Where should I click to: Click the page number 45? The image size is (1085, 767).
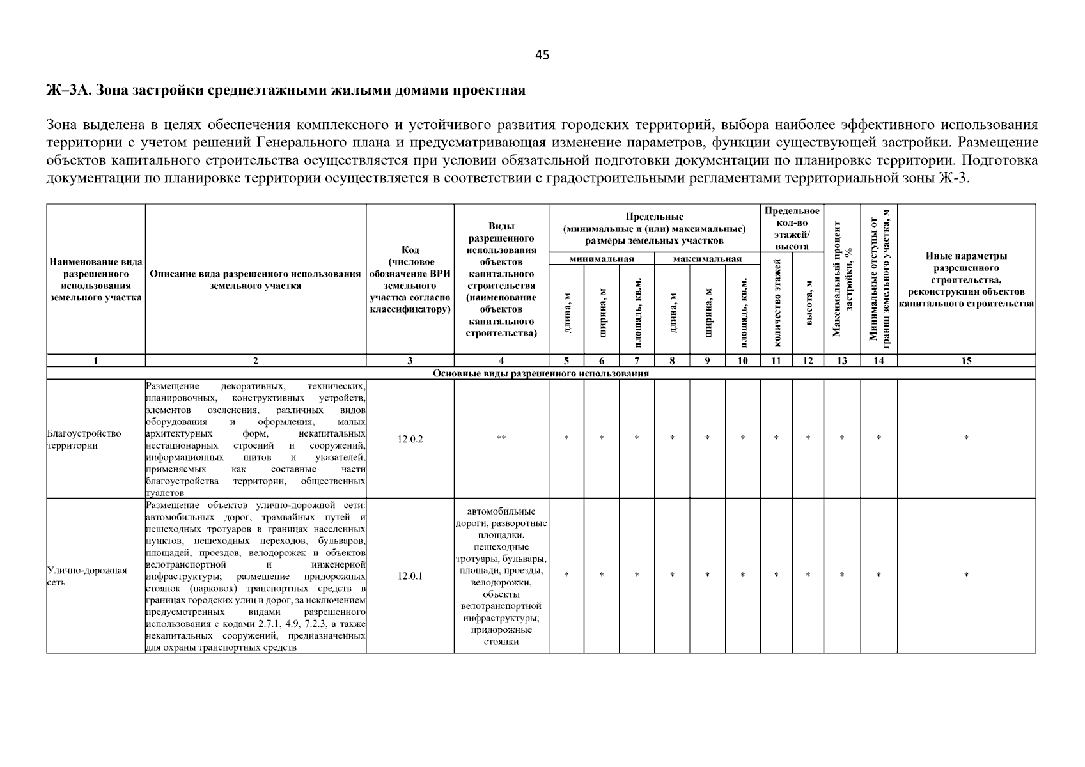(x=542, y=55)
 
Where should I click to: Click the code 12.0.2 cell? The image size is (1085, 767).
(x=410, y=439)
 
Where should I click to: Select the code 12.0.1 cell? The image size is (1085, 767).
(x=410, y=576)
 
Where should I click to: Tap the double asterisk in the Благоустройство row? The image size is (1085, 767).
(x=501, y=438)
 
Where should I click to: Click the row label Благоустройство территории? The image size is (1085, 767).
(x=84, y=439)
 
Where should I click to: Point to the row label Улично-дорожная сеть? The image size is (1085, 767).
(x=86, y=576)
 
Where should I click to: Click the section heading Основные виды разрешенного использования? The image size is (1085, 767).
(x=541, y=373)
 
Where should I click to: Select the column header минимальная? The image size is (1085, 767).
(x=601, y=259)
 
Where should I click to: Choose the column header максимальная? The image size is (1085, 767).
(x=707, y=259)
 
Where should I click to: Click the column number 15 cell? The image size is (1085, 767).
(x=966, y=360)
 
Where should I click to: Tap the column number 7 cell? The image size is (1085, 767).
(x=637, y=360)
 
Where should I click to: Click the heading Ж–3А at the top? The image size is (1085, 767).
(x=286, y=90)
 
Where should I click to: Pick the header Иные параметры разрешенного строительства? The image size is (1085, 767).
(x=966, y=279)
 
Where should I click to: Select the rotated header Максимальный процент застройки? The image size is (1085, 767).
(x=842, y=279)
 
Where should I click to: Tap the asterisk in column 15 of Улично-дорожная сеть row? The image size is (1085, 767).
(x=966, y=575)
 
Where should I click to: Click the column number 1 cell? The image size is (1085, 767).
(x=96, y=360)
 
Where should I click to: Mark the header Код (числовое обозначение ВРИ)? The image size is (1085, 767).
(x=410, y=279)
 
